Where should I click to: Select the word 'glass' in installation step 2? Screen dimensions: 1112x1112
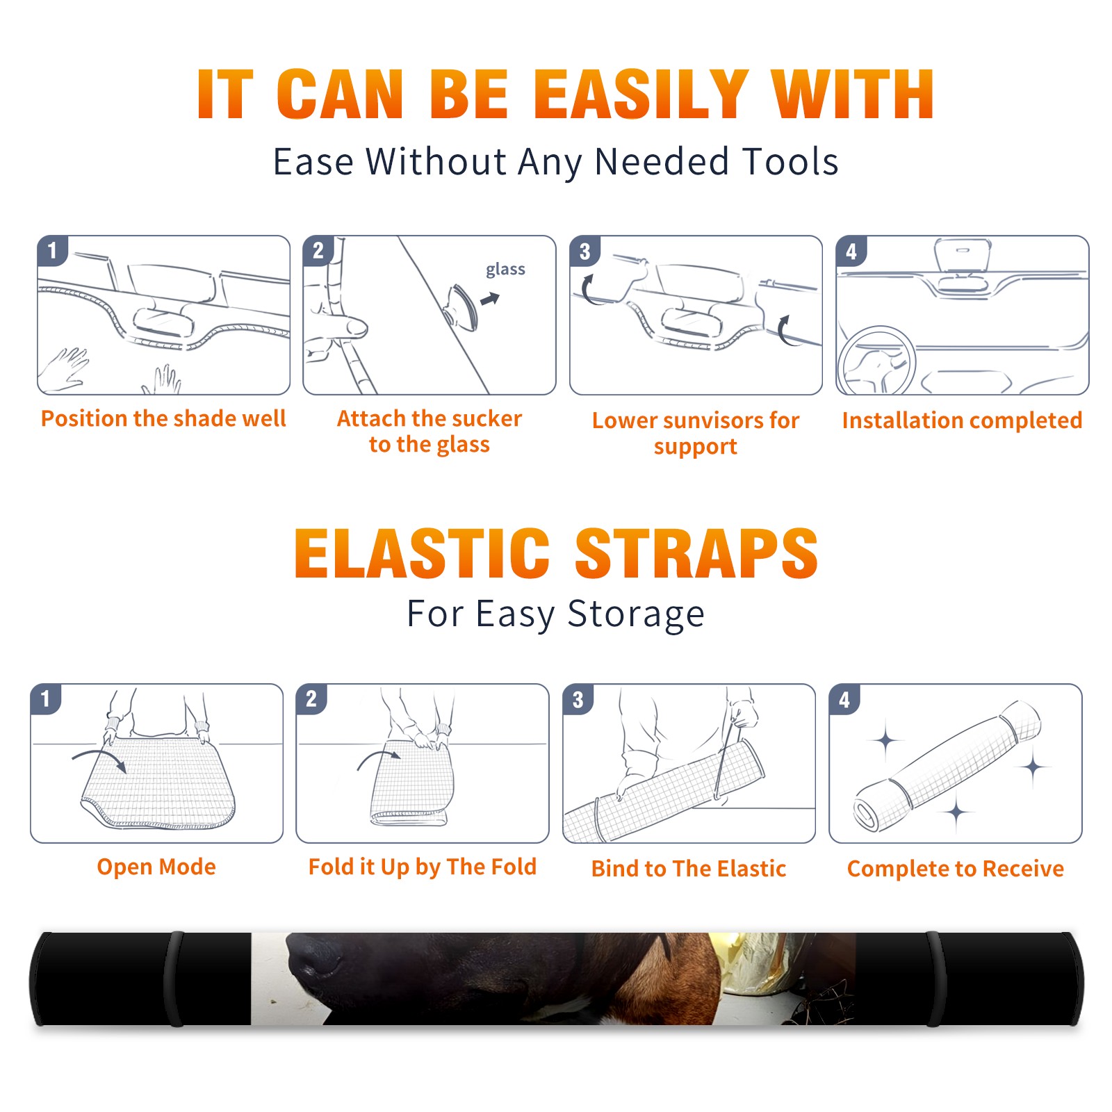pyautogui.click(x=505, y=270)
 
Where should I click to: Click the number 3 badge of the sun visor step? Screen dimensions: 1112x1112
pyautogui.click(x=585, y=252)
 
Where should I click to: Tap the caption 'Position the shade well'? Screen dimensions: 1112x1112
pyautogui.click(x=163, y=418)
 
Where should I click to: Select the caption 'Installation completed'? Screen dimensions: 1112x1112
pyautogui.click(x=962, y=420)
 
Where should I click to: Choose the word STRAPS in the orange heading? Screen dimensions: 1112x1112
pyautogui.click(x=696, y=553)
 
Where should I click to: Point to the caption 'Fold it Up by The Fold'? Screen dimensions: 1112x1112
pyautogui.click(x=423, y=867)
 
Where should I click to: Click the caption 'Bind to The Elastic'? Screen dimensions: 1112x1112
pyautogui.click(x=689, y=869)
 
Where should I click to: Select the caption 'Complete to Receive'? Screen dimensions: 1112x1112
pyautogui.click(x=956, y=869)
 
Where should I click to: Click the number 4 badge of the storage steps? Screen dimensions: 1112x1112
pyautogui.click(x=844, y=699)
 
